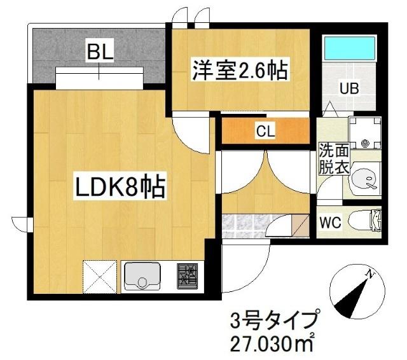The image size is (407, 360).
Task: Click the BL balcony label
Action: pyautogui.click(x=100, y=52)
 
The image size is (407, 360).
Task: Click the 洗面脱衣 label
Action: pyautogui.click(x=333, y=159)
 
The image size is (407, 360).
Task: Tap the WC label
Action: pyautogui.click(x=331, y=223)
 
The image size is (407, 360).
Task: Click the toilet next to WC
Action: pyautogui.click(x=369, y=221)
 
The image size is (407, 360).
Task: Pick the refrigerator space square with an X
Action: pyautogui.click(x=100, y=275)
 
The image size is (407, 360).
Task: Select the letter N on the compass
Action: pyautogui.click(x=369, y=274)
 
